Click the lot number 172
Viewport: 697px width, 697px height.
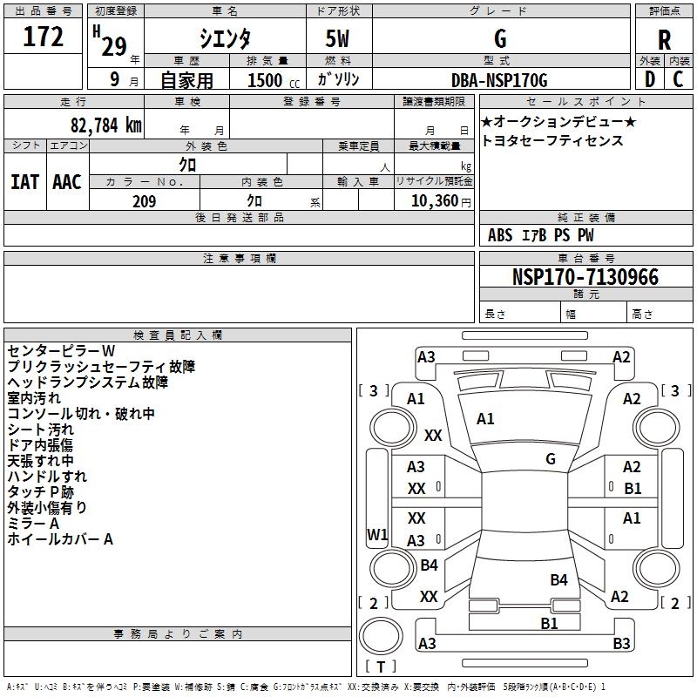tap(44, 37)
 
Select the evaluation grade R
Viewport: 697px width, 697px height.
tap(665, 38)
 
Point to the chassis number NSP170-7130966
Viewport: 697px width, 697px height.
tap(585, 277)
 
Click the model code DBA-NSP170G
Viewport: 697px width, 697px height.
tap(499, 80)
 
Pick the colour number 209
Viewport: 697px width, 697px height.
tap(144, 201)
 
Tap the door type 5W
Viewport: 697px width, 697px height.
tap(339, 38)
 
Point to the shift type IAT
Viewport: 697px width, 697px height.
tap(24, 181)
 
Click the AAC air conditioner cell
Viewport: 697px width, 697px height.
tap(67, 181)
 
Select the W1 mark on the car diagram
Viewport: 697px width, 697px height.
tap(377, 534)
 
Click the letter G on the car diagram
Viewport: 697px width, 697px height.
tap(551, 459)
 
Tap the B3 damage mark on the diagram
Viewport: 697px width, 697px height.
tap(621, 644)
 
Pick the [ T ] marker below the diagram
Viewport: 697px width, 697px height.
tap(381, 667)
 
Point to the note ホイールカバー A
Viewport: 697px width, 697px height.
tap(60, 539)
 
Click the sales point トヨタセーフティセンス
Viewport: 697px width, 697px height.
tap(552, 140)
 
